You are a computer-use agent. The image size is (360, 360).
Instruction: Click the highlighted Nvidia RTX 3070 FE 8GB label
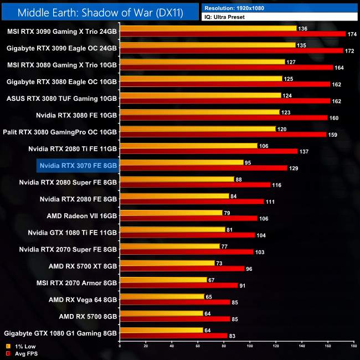78,164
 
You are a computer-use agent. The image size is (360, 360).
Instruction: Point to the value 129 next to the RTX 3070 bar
295,168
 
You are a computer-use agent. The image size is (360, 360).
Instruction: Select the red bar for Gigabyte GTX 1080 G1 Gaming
173,336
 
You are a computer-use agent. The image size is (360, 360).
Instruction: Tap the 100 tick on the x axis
250,346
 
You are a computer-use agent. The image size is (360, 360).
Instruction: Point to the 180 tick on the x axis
353,346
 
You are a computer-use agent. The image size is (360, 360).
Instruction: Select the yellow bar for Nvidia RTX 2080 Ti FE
188,146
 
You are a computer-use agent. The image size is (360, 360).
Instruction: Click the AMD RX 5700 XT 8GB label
83,266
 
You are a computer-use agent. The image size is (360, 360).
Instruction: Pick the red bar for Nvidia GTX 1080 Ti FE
187,235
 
